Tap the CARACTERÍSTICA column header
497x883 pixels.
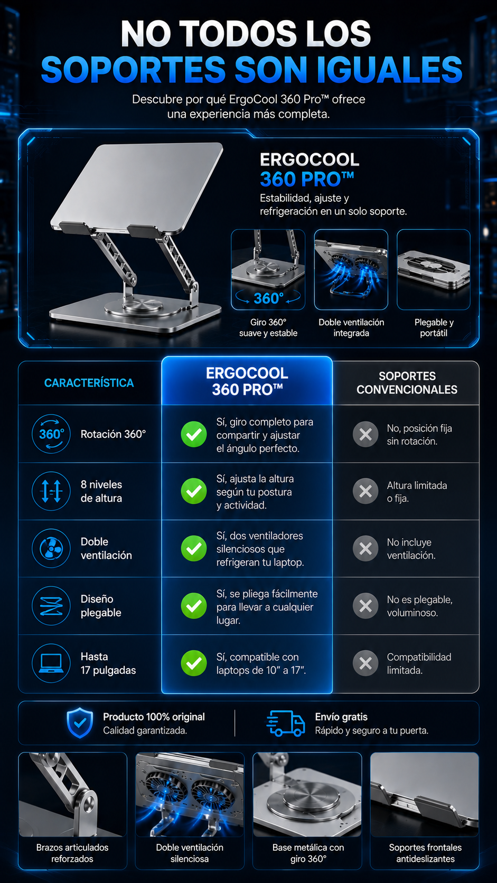[89, 383]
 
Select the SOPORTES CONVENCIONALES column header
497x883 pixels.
[407, 383]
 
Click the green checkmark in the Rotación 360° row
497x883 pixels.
[193, 435]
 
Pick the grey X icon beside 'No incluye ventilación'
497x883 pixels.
[365, 548]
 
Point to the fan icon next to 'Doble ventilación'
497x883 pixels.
[51, 548]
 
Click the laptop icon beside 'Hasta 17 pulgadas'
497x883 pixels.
[51, 663]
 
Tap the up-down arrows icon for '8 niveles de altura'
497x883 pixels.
[51, 491]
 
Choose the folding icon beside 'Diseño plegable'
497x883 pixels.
[51, 606]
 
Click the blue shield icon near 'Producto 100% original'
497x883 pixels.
[80, 723]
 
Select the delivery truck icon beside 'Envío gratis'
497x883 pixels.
[286, 724]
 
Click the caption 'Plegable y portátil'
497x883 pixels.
[434, 327]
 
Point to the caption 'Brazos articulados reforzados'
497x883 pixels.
[72, 853]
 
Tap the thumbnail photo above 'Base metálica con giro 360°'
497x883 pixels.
[307, 794]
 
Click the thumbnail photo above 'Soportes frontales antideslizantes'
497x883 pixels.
[425, 794]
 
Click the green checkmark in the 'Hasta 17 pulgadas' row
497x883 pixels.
[193, 663]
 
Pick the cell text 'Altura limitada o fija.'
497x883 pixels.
[417, 492]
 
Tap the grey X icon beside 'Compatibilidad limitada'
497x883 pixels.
[365, 663]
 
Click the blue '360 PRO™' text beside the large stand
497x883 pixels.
[307, 180]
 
